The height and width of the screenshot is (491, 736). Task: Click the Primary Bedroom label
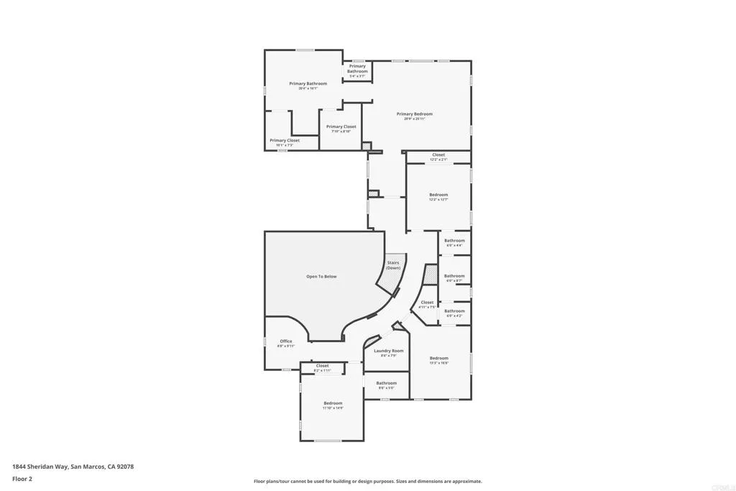[415, 114]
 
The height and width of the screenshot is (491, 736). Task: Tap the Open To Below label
[321, 276]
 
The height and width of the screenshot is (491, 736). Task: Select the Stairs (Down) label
[393, 265]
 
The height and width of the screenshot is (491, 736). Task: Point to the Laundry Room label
[388, 351]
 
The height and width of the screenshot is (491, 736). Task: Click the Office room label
[286, 341]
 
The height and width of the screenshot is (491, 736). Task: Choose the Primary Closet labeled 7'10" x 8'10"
[341, 127]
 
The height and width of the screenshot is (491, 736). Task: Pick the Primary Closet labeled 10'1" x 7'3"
[285, 140]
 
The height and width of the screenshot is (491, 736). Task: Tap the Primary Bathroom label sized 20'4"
[308, 83]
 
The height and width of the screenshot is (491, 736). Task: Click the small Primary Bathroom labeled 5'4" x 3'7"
[357, 66]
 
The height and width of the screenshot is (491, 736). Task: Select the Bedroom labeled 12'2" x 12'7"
[438, 195]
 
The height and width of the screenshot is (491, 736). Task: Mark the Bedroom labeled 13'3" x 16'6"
[438, 358]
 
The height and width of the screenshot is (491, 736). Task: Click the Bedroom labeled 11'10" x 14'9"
[333, 403]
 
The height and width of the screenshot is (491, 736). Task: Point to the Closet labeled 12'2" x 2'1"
[438, 155]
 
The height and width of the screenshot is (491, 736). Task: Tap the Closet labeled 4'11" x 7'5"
[427, 303]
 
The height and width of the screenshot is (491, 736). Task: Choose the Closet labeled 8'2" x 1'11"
[322, 366]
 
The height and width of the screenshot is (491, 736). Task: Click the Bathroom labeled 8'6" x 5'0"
[386, 383]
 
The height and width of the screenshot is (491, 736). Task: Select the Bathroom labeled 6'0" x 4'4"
[454, 241]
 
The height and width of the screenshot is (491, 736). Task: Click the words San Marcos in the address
[88, 467]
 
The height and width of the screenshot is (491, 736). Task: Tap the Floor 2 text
[22, 478]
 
